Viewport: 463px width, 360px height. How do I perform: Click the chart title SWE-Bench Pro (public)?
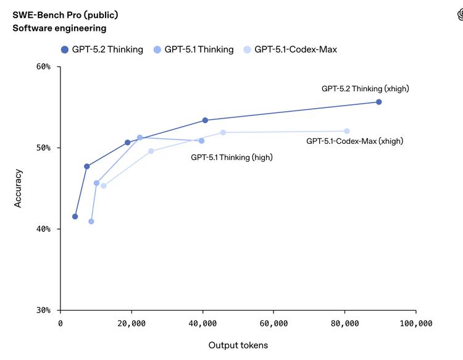click(x=65, y=15)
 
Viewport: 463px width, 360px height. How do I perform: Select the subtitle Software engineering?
click(x=59, y=28)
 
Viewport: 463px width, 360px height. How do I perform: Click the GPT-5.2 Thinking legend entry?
click(x=102, y=49)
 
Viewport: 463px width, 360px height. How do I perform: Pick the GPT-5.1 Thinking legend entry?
click(x=193, y=49)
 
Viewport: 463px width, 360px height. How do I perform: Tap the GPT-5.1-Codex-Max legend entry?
click(x=290, y=49)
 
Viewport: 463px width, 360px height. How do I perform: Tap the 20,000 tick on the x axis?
click(x=131, y=324)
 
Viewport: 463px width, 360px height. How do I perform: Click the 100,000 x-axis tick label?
click(x=415, y=324)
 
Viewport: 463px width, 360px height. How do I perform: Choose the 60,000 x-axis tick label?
click(x=273, y=324)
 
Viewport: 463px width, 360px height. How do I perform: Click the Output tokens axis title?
click(x=238, y=345)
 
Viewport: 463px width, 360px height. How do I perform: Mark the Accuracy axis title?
click(x=18, y=188)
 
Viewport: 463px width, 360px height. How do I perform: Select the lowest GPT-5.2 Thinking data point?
click(x=75, y=216)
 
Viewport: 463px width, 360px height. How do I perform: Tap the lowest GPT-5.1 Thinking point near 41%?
click(x=91, y=221)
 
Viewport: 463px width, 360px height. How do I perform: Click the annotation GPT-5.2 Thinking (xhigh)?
click(x=365, y=88)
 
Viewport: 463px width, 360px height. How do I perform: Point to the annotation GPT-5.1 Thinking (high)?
click(x=231, y=157)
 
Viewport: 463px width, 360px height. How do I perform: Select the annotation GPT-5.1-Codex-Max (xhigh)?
click(x=354, y=141)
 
